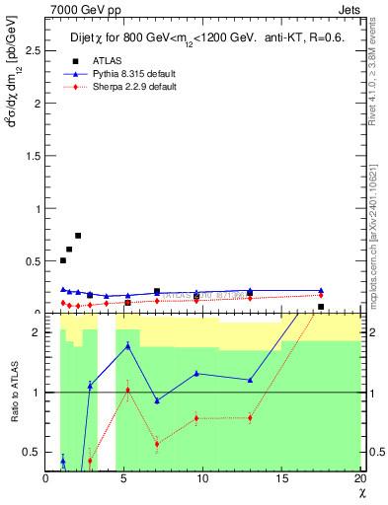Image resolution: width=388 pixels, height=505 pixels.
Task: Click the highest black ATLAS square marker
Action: [78, 236]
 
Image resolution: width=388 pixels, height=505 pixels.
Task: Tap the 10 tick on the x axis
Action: [202, 478]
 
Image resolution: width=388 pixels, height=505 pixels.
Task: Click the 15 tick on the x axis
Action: [281, 478]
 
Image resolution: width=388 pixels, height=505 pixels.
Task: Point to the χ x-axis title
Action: [359, 490]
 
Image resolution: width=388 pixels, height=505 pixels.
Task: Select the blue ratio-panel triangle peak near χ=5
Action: [127, 346]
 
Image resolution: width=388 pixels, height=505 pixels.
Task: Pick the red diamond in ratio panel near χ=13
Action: [250, 417]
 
